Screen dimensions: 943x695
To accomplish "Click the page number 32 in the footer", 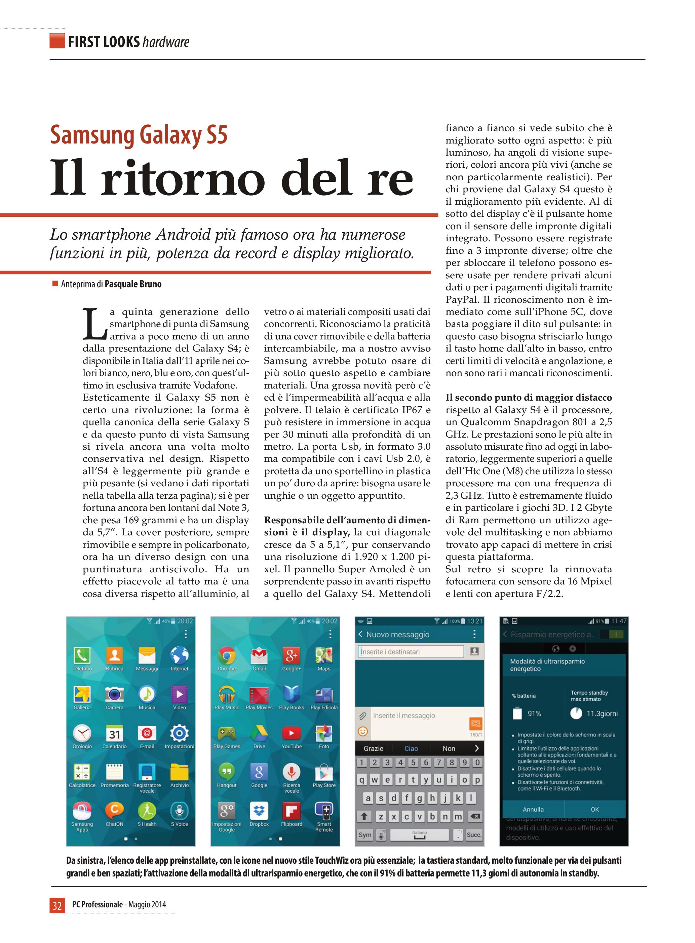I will tap(57, 905).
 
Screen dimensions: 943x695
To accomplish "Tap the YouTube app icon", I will tap(292, 734).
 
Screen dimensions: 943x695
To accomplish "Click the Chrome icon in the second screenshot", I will tap(227, 656).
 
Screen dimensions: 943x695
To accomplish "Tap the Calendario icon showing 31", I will tap(114, 734).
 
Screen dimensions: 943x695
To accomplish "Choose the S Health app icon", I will tap(147, 811).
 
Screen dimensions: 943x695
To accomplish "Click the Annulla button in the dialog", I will tap(533, 809).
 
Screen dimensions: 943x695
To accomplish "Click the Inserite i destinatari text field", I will tap(410, 652).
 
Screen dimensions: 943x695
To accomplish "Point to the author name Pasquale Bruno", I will tap(133, 284).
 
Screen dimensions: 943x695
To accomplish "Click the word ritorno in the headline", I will tap(183, 179).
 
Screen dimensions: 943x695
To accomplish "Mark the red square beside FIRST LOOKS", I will tap(57, 41).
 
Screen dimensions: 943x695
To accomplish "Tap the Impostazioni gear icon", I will tap(179, 734).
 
